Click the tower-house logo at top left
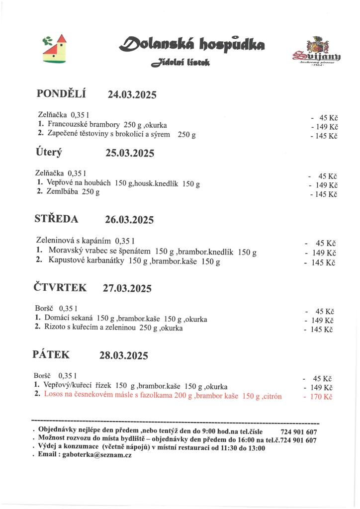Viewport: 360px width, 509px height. (55, 48)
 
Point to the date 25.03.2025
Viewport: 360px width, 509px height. (130, 153)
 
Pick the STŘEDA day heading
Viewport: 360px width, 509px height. (56, 218)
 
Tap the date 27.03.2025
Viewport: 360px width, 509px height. (127, 288)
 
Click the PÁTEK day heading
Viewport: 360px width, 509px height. (51, 354)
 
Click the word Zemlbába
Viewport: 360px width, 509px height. (61, 192)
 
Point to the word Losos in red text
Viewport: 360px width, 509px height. (53, 396)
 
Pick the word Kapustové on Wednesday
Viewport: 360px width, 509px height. (66, 260)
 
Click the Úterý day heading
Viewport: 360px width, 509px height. (49, 152)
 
